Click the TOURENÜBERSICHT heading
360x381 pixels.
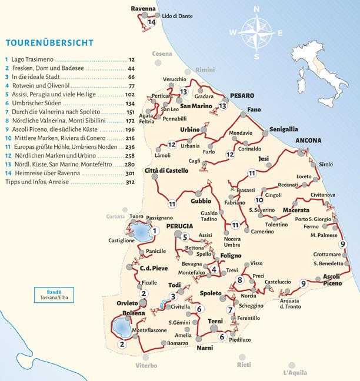48,43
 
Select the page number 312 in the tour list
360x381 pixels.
130,182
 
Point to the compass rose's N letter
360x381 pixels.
256,9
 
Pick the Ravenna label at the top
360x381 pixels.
144,9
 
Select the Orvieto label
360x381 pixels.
127,303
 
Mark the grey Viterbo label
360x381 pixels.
146,366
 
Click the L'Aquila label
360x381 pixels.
295,372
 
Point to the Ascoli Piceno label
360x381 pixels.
332,280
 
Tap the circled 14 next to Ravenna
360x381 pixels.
152,22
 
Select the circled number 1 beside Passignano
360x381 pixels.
154,231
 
